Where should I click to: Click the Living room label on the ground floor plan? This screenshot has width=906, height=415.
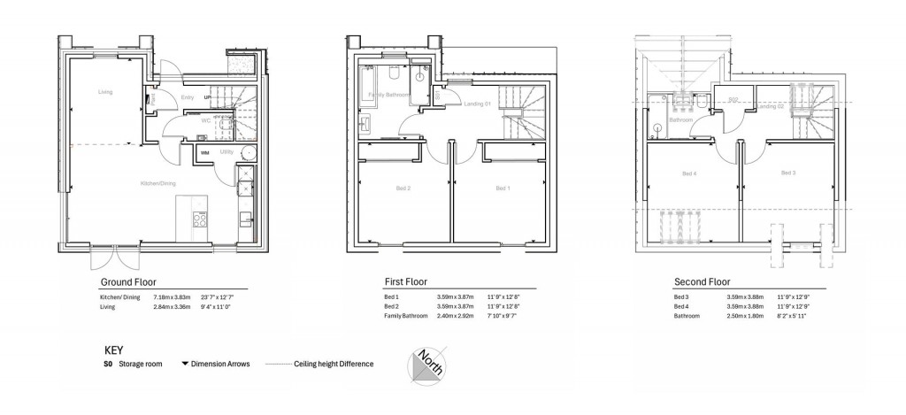point(105,91)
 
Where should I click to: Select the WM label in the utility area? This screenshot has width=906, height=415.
point(204,153)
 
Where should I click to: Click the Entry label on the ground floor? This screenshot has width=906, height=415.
point(188,97)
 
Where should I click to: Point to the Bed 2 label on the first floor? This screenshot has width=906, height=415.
point(403,188)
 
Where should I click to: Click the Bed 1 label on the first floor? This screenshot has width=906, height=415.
point(502,188)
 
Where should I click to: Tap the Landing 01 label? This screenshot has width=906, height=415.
point(478,105)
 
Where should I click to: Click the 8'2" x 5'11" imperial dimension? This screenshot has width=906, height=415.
point(790,316)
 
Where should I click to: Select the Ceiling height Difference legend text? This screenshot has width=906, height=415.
point(334,364)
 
